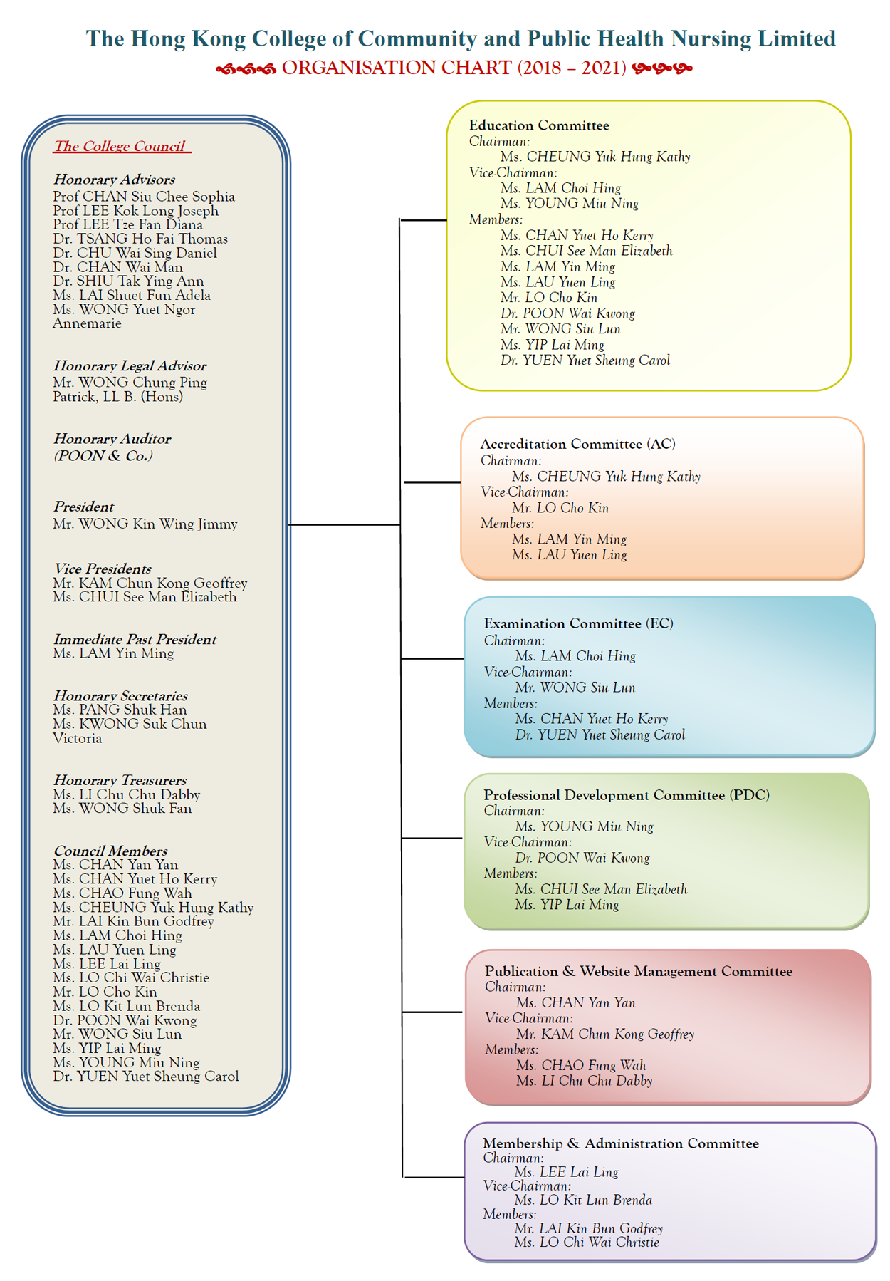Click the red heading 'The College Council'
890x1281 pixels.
[x=120, y=146]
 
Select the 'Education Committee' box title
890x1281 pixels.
[x=539, y=125]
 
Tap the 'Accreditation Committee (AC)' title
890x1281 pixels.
[x=577, y=444]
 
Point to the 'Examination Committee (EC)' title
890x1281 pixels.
[x=578, y=623]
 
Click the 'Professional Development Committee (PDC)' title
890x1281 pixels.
[x=627, y=795]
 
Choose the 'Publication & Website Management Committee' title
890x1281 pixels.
[x=639, y=971]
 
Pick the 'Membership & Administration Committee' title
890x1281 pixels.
[x=621, y=1143]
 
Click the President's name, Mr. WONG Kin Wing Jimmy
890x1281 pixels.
[x=145, y=524]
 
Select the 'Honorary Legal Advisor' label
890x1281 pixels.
[x=130, y=365]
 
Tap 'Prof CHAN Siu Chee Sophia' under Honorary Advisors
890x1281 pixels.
[x=144, y=197]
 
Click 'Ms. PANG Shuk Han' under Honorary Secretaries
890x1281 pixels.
[x=120, y=710]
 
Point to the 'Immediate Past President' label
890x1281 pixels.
[x=135, y=639]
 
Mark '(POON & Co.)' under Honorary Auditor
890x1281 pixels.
[x=103, y=456]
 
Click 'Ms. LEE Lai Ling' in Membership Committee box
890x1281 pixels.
[x=567, y=1172]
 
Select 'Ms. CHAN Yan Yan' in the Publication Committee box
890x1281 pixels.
[x=576, y=1002]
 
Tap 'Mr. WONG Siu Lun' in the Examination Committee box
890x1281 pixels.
[x=575, y=688]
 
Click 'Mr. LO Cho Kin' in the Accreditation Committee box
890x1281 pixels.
[x=560, y=508]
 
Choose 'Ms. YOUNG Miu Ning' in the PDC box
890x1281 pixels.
[x=585, y=826]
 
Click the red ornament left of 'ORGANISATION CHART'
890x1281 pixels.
[x=246, y=68]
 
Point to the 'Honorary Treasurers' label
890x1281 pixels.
[x=120, y=780]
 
